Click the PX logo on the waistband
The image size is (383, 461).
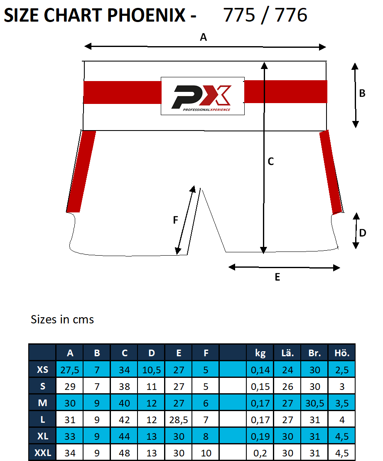(x=202, y=96)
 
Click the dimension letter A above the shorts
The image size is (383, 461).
(x=203, y=37)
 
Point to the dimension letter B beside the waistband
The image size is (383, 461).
(x=362, y=94)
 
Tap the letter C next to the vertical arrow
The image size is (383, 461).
(x=270, y=162)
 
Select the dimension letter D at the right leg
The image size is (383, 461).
(x=362, y=233)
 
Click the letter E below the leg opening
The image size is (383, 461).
(x=277, y=277)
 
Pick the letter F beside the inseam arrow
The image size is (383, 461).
(x=175, y=220)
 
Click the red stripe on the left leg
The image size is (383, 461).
(x=81, y=171)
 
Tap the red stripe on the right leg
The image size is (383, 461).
(x=331, y=171)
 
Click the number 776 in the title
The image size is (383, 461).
(x=290, y=15)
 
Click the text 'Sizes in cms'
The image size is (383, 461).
(x=62, y=320)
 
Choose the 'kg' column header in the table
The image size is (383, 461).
(x=260, y=353)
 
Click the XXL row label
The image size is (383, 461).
(x=42, y=453)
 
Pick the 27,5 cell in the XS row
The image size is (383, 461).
(x=70, y=370)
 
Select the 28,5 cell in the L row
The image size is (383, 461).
(x=179, y=420)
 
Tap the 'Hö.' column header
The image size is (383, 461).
(x=342, y=353)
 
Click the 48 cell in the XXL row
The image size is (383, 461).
(x=124, y=453)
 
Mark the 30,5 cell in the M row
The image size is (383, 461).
(x=314, y=403)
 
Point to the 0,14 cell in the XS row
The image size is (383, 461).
(x=260, y=370)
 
